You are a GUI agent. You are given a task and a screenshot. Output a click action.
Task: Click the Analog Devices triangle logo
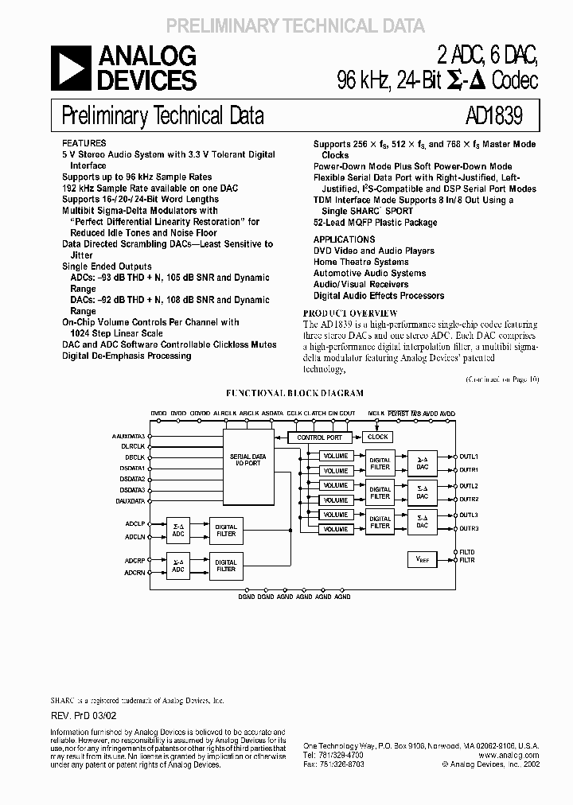(x=72, y=68)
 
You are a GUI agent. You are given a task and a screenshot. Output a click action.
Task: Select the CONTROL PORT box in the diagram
(x=319, y=437)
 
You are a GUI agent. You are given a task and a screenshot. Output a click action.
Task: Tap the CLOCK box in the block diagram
(x=378, y=437)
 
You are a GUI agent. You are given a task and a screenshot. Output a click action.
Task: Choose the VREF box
(x=422, y=559)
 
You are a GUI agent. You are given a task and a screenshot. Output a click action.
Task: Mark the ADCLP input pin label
(x=134, y=524)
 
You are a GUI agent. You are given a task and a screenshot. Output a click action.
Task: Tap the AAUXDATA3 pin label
(x=129, y=437)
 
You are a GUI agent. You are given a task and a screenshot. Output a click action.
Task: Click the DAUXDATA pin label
(x=131, y=501)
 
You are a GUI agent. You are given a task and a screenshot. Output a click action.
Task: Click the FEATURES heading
(x=83, y=143)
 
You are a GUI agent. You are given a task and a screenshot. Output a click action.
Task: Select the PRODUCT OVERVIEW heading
(x=350, y=313)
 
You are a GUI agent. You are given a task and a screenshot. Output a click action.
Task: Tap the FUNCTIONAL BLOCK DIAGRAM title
(x=295, y=393)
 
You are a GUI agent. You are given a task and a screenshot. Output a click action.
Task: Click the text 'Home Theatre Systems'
(x=361, y=262)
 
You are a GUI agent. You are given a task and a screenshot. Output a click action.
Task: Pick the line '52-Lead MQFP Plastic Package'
(x=375, y=223)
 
